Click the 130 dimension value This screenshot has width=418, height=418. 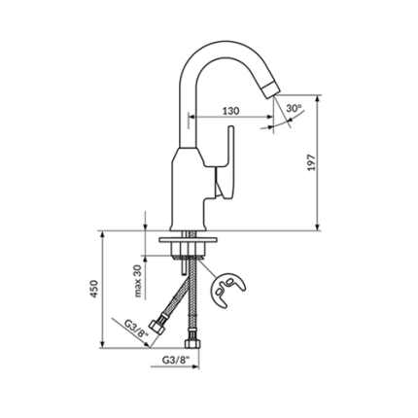[x=230, y=111]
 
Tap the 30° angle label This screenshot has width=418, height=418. [x=294, y=109]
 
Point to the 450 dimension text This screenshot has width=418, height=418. [x=94, y=289]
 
